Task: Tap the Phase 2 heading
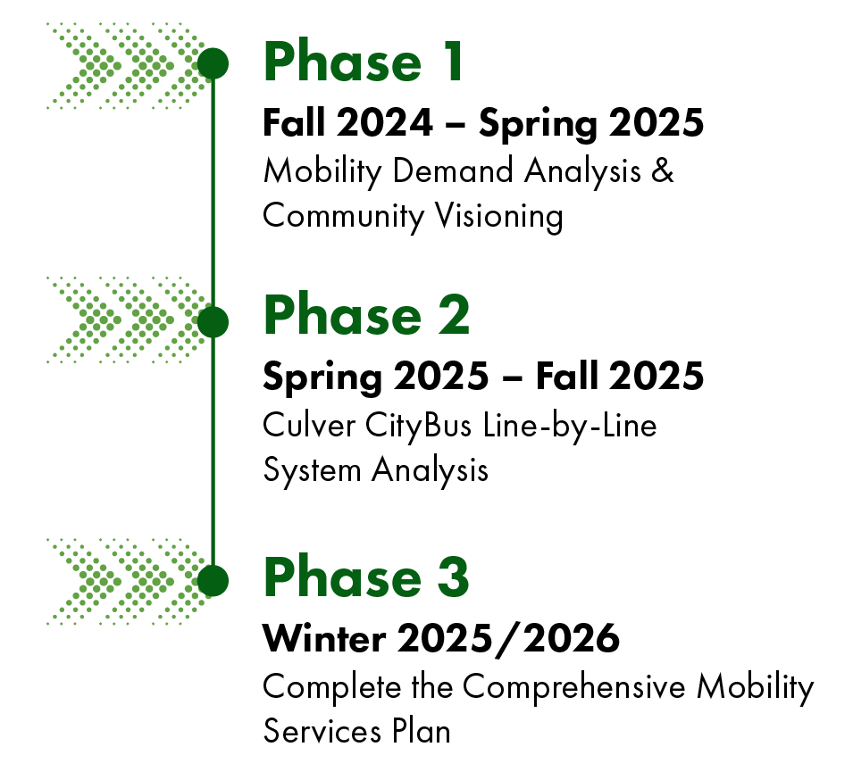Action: (366, 315)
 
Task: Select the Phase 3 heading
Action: (366, 577)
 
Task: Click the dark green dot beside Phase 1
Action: (213, 63)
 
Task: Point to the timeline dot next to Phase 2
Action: (213, 322)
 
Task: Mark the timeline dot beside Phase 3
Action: (213, 580)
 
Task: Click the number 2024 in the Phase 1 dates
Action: (385, 122)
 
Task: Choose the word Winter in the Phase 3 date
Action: (324, 637)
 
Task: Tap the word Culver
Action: (309, 425)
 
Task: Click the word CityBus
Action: (418, 426)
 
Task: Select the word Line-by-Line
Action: (570, 426)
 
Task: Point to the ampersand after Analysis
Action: (663, 170)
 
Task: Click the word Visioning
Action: (499, 217)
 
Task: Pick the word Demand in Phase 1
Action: (453, 170)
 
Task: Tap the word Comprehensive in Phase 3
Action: (574, 687)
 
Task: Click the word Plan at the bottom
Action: (422, 731)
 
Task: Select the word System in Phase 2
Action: (313, 470)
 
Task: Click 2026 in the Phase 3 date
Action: (572, 637)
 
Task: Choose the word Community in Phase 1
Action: (343, 217)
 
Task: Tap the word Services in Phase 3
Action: (322, 731)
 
